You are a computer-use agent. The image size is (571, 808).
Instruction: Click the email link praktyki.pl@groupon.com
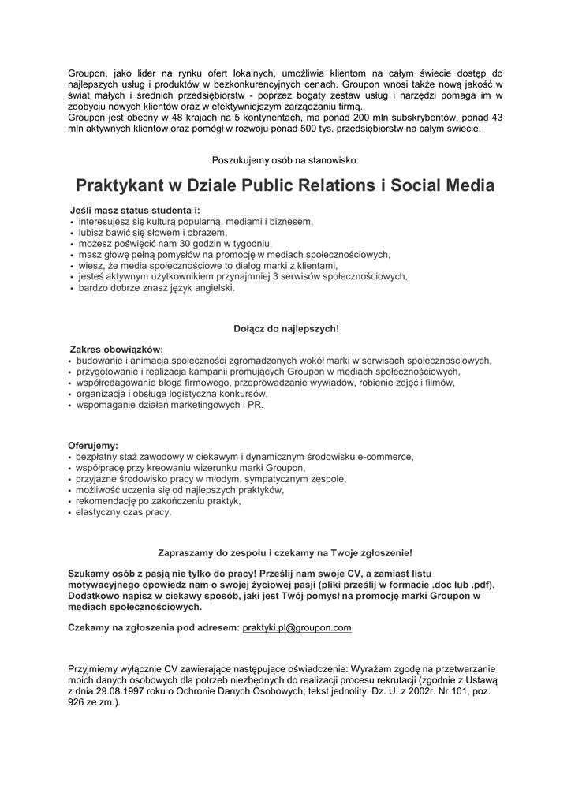click(x=296, y=627)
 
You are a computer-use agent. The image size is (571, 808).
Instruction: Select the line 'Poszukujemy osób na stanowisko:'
click(x=285, y=159)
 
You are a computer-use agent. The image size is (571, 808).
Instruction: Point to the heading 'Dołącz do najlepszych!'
click(x=285, y=327)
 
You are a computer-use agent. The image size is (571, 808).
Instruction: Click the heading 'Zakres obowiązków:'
click(x=117, y=349)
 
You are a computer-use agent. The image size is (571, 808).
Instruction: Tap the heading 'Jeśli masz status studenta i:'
click(x=135, y=211)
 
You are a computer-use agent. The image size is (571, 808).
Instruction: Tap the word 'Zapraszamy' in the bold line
click(x=185, y=553)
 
